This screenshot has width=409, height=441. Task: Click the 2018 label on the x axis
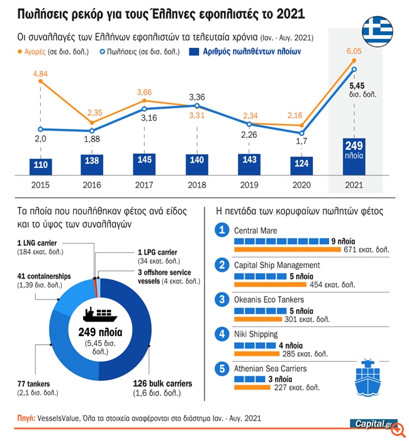tap(197, 185)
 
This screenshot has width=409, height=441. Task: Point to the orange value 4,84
tap(40, 74)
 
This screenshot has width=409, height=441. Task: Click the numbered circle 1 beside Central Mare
tap(221, 232)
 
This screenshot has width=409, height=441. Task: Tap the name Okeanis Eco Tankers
tap(269, 299)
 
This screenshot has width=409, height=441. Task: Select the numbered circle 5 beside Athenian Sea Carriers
tap(221, 369)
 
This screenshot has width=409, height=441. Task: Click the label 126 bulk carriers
tap(162, 383)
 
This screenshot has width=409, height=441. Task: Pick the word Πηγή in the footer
tap(26, 418)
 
